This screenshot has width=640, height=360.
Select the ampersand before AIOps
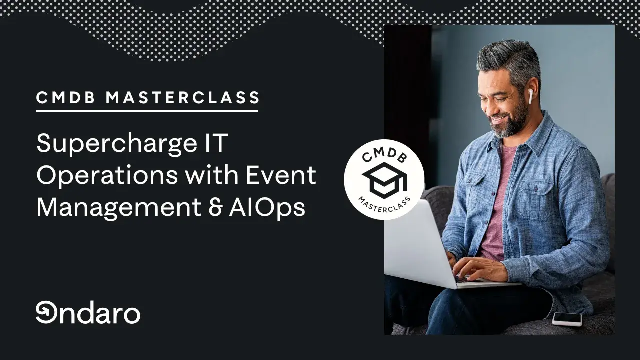[x=216, y=208]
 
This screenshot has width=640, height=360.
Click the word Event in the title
[x=281, y=175]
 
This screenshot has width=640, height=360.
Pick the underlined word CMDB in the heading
[x=65, y=97]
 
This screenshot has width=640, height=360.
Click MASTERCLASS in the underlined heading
[x=183, y=97]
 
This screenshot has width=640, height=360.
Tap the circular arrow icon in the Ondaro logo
[x=47, y=312]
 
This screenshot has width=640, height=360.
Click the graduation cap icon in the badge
[x=385, y=180]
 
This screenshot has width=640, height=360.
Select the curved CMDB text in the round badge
[x=385, y=155]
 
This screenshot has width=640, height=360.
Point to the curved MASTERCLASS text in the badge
[x=384, y=205]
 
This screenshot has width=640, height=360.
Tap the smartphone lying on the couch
[x=567, y=319]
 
